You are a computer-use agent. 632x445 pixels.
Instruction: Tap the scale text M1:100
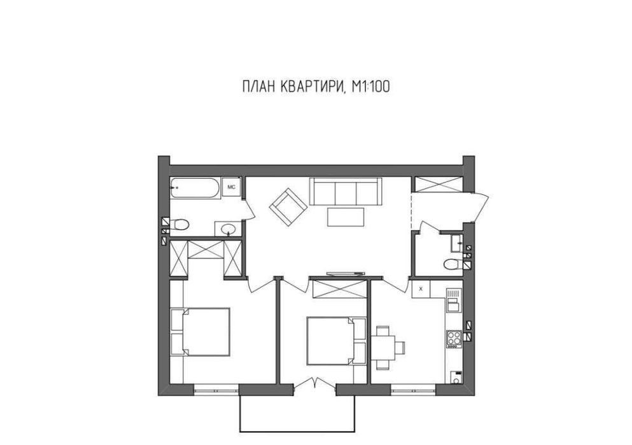371,87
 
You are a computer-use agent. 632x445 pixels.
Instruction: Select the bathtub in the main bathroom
195,188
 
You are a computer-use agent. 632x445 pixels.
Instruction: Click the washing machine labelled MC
232,187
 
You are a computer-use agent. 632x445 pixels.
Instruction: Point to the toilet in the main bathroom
179,224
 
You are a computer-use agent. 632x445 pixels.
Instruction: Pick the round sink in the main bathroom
228,229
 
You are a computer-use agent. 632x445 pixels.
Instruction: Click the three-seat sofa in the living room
346,191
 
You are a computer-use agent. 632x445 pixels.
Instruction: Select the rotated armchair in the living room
288,208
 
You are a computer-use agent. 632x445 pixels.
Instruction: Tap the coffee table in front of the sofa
346,217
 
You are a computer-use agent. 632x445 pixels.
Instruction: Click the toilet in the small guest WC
453,264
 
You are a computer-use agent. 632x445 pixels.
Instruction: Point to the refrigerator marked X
421,288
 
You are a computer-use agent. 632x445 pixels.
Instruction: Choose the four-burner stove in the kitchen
454,339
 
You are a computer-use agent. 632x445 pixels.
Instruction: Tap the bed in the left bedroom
200,332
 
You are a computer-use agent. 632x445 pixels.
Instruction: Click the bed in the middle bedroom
336,341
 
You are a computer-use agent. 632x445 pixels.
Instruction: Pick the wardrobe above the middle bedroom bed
340,288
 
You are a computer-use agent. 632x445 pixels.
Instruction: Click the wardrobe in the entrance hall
439,184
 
